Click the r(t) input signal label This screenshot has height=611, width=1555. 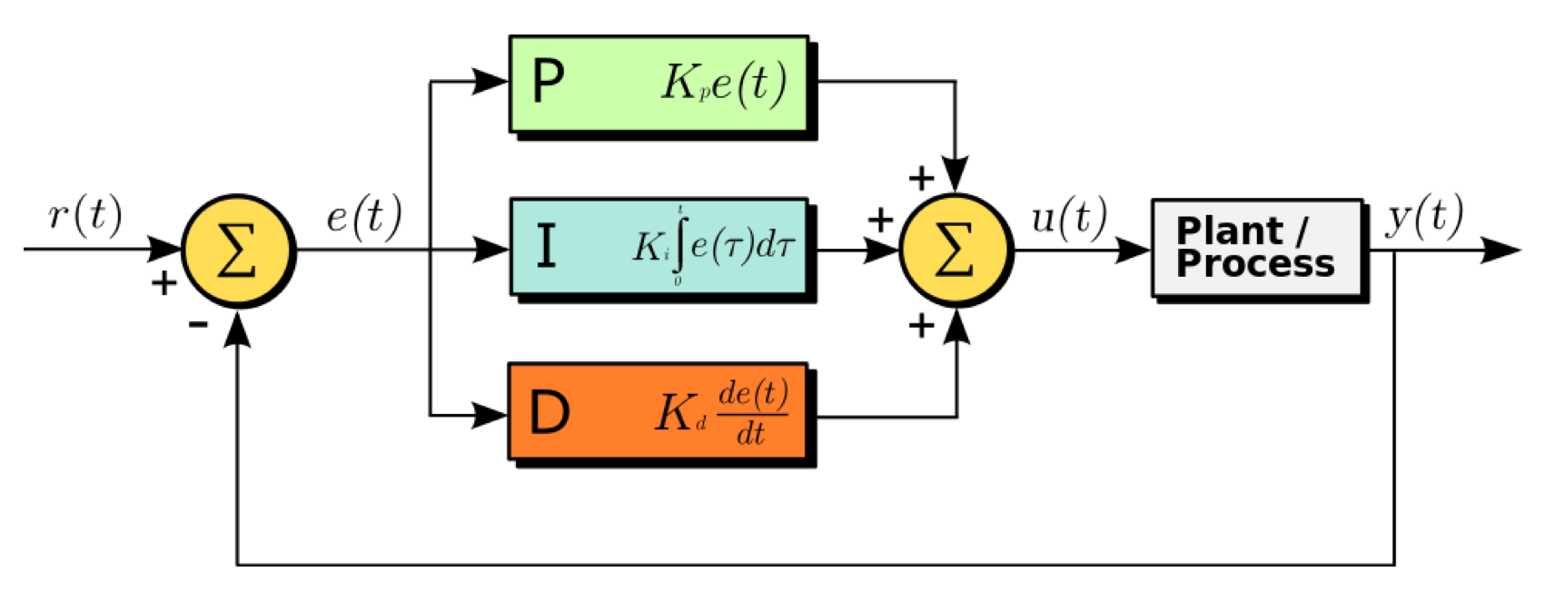pos(84,215)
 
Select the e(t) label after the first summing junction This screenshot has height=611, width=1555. pos(363,217)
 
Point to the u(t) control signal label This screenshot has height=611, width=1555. pos(1069,217)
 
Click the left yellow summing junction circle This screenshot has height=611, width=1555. pos(238,250)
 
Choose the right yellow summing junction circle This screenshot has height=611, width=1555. pos(955,250)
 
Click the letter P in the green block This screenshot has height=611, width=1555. pos(549,83)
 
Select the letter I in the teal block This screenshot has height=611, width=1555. pos(546,247)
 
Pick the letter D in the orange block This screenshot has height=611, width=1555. pos(550,413)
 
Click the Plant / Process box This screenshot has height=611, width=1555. pos(1257,248)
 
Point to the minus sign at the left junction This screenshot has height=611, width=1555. pos(198,323)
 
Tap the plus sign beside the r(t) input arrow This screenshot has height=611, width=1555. pos(163,284)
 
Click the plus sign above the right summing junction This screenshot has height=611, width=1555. pos(921,178)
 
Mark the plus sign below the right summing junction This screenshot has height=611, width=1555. pos(921,325)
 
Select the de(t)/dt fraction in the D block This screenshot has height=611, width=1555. pos(752,414)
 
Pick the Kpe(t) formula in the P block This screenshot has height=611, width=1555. pos(723,84)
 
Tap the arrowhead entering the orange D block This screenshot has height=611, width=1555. pos(490,416)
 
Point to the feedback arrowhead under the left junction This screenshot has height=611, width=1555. pos(238,330)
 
